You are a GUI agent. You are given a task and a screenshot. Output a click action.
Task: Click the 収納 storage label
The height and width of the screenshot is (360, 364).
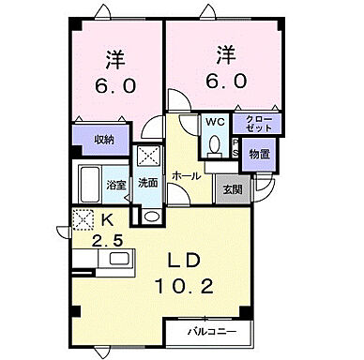(103, 139)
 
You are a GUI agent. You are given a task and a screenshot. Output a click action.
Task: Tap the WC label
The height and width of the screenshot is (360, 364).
(214, 122)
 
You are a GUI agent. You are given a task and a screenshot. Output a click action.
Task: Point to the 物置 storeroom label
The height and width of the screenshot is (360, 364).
(260, 154)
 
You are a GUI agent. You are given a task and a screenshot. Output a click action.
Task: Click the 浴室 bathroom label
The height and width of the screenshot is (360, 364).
(115, 184)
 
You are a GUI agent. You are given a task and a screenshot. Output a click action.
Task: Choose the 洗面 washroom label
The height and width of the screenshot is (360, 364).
(148, 183)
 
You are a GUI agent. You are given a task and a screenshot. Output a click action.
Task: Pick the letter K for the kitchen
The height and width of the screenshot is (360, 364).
(107, 220)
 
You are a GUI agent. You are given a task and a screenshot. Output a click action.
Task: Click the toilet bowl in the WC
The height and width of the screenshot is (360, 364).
(215, 145)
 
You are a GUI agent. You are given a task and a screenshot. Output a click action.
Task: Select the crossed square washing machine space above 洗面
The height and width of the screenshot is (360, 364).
(148, 156)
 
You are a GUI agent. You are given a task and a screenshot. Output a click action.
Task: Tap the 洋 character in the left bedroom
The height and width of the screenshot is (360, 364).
(115, 57)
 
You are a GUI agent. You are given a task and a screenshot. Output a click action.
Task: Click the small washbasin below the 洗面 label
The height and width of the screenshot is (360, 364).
(150, 214)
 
